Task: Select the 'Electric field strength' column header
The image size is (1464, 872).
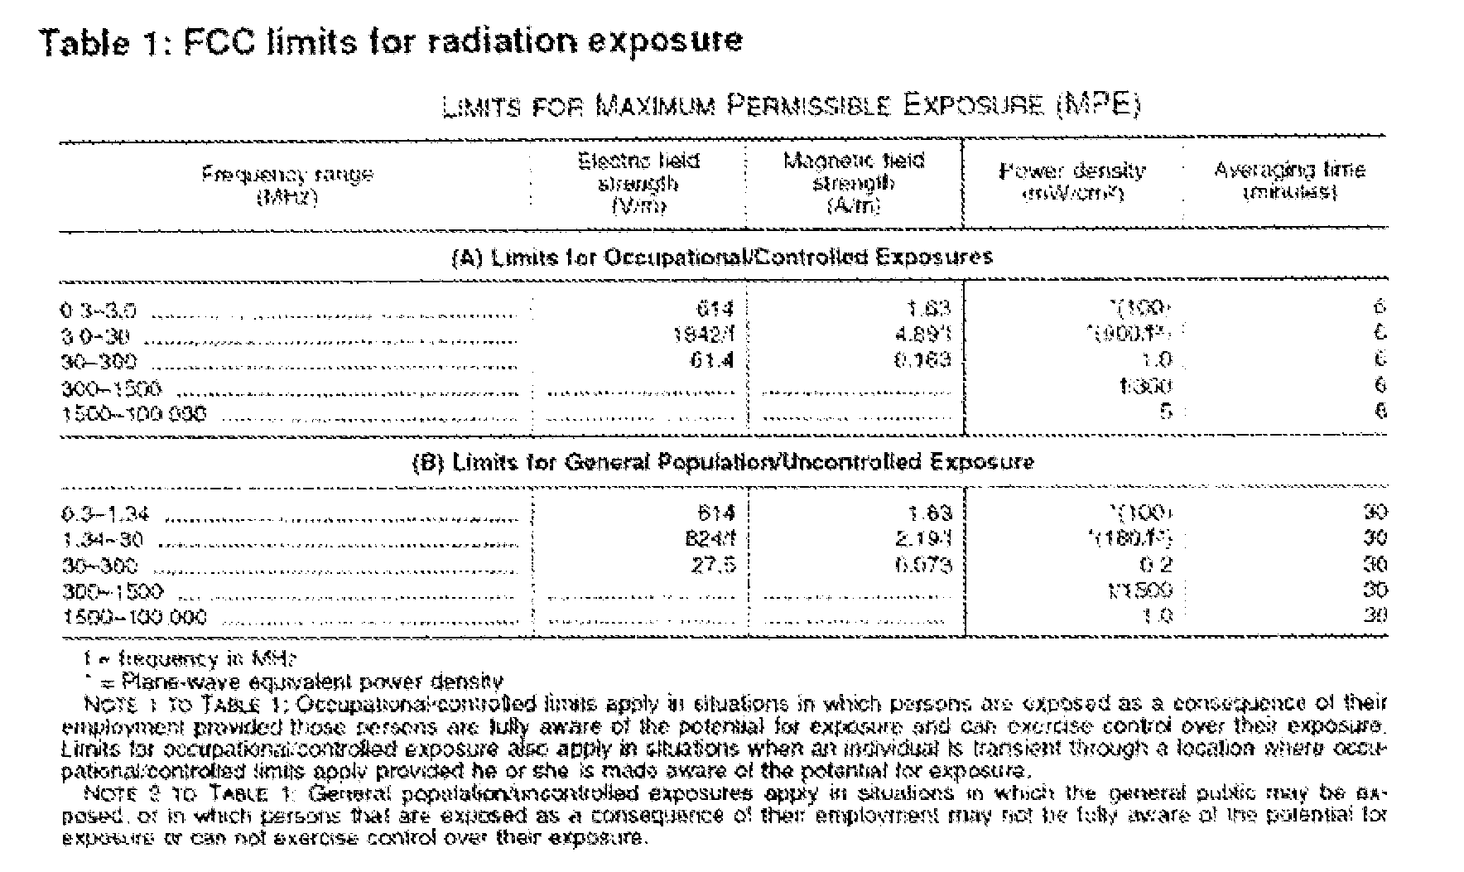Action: [x=638, y=182]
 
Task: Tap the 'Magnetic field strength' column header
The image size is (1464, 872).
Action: [x=853, y=182]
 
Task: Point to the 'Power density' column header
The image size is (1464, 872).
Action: [x=1072, y=182]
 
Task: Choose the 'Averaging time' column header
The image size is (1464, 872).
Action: [x=1289, y=181]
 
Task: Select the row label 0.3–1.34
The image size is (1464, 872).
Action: [x=104, y=513]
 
